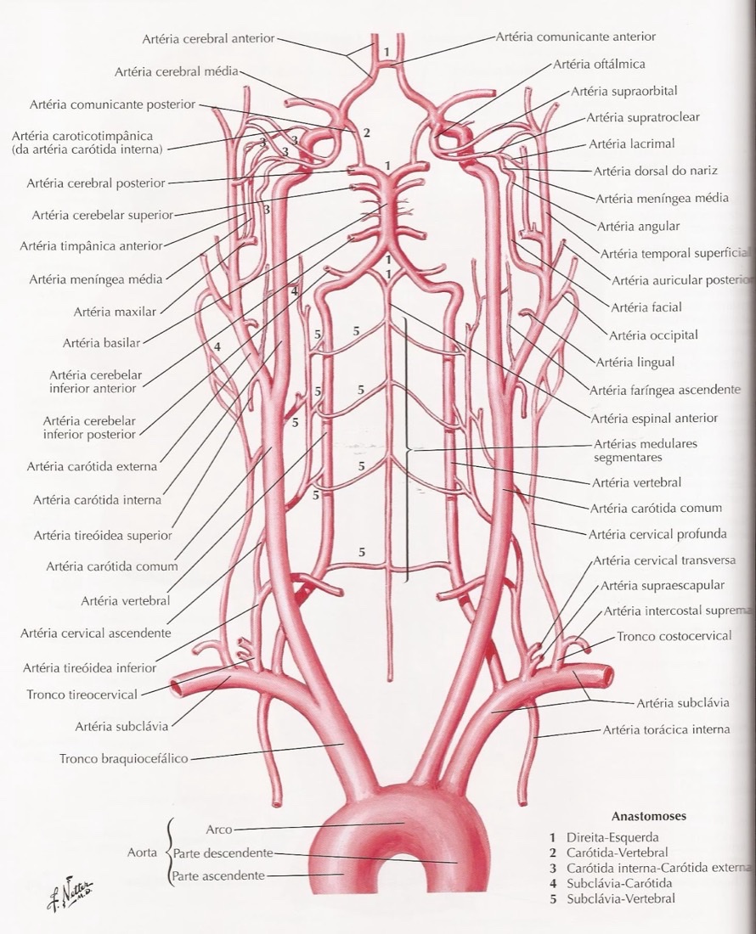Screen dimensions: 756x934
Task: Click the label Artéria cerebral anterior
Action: pyautogui.click(x=208, y=39)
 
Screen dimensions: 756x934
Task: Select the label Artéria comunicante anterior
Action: pyautogui.click(x=575, y=37)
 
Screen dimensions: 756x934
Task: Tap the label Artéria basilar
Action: pyautogui.click(x=101, y=343)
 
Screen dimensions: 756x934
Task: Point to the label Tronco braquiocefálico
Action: pyautogui.click(x=124, y=759)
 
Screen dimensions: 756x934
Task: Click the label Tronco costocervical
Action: pyautogui.click(x=674, y=636)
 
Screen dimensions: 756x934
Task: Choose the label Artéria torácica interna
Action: pyautogui.click(x=666, y=729)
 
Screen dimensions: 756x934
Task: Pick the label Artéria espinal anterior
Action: pyautogui.click(x=654, y=418)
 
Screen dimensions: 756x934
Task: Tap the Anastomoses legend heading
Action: pyautogui.click(x=649, y=816)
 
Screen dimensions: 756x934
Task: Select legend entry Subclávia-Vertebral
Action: pyautogui.click(x=621, y=899)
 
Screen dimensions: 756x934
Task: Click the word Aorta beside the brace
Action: pyautogui.click(x=142, y=853)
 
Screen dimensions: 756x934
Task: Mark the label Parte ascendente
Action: pyautogui.click(x=218, y=875)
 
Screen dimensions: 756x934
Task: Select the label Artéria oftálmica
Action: pyautogui.click(x=599, y=64)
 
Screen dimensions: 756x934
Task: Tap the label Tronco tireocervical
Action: pyautogui.click(x=82, y=695)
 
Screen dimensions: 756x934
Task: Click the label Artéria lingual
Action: pyautogui.click(x=635, y=363)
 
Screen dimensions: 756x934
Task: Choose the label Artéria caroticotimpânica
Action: pyautogui.click(x=82, y=136)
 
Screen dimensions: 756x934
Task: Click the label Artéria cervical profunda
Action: pyautogui.click(x=657, y=534)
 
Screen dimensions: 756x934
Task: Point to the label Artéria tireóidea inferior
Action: pyautogui.click(x=89, y=667)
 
